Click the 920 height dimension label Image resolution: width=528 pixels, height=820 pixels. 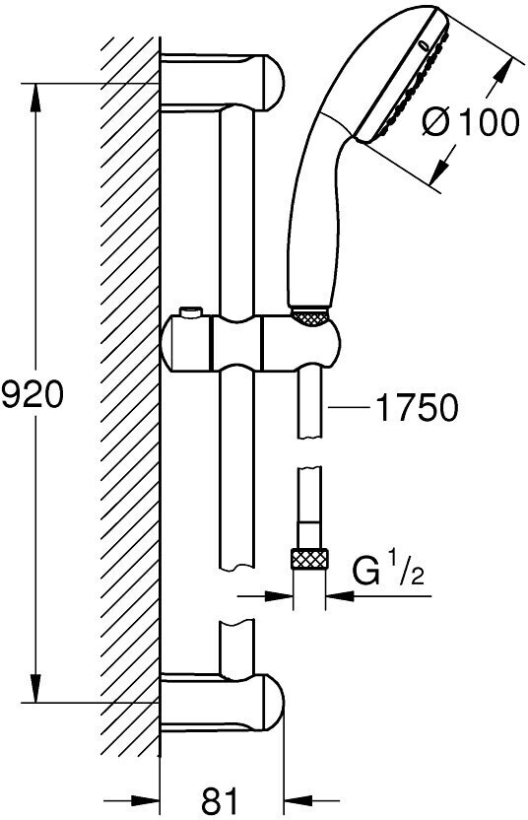(33, 394)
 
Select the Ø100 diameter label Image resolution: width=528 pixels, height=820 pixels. (471, 123)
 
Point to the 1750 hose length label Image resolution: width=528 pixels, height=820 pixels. (417, 407)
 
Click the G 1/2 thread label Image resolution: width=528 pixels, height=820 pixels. (387, 572)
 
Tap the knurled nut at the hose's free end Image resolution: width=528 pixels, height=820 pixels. (309, 560)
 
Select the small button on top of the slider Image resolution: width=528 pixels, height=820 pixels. (190, 312)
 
